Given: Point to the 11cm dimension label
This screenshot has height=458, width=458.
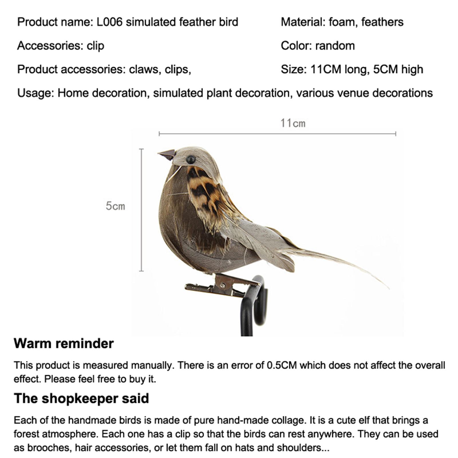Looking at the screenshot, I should tap(293, 123).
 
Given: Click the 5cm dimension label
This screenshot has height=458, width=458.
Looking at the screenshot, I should tap(115, 206).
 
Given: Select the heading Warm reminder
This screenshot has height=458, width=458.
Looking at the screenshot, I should tap(64, 343).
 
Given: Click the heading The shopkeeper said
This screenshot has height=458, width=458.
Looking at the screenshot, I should tap(81, 398).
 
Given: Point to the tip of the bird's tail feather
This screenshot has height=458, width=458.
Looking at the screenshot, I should tap(388, 288).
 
